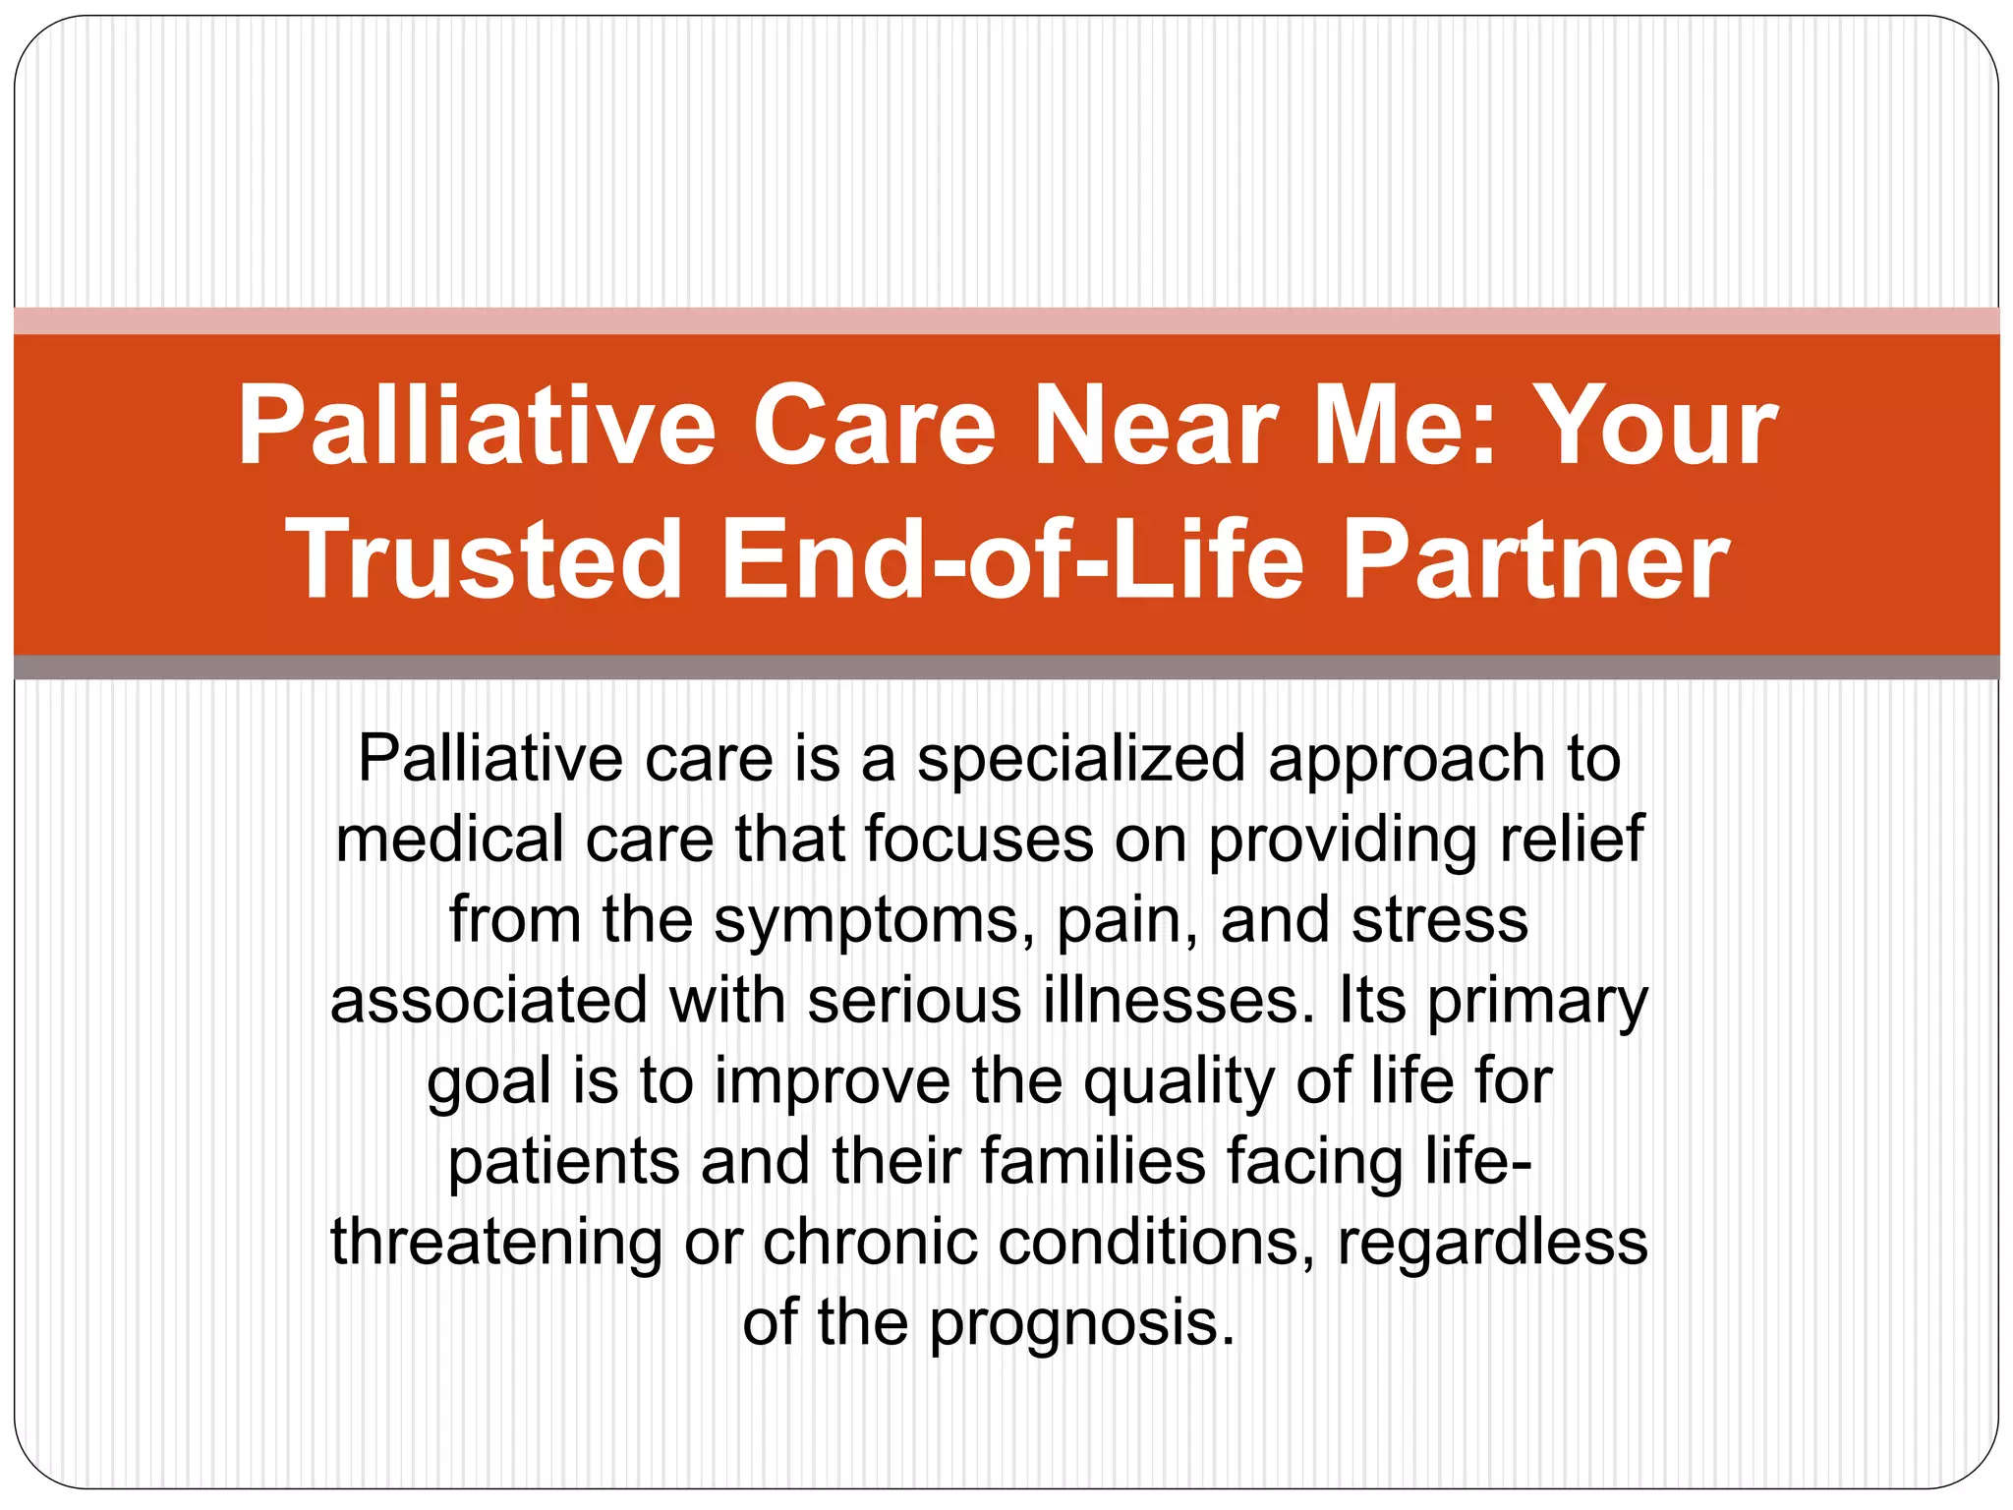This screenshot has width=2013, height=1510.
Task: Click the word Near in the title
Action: coord(1155,426)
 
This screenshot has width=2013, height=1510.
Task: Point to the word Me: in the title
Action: coord(1406,426)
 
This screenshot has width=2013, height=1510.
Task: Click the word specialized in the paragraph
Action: coord(1082,760)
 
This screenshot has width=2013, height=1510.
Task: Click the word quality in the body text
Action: coord(1179,1082)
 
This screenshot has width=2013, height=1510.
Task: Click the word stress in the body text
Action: coord(1440,921)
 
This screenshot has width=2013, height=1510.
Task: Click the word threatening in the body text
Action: coord(496,1243)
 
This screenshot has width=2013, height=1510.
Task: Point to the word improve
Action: coord(832,1082)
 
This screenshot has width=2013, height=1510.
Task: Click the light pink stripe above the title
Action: coord(1006,320)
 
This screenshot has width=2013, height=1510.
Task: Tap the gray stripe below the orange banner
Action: coord(1006,668)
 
